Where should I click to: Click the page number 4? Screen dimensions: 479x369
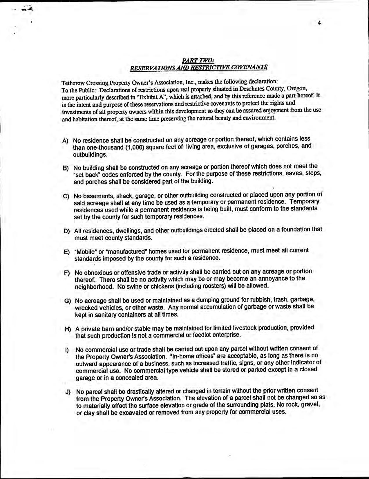pyautogui.click(x=319, y=24)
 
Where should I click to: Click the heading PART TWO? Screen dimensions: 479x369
pyautogui.click(x=198, y=60)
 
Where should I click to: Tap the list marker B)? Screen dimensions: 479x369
pyautogui.click(x=66, y=168)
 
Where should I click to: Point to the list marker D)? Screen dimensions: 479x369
pyautogui.click(x=66, y=231)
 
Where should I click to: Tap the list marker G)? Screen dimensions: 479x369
pyautogui.click(x=67, y=301)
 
